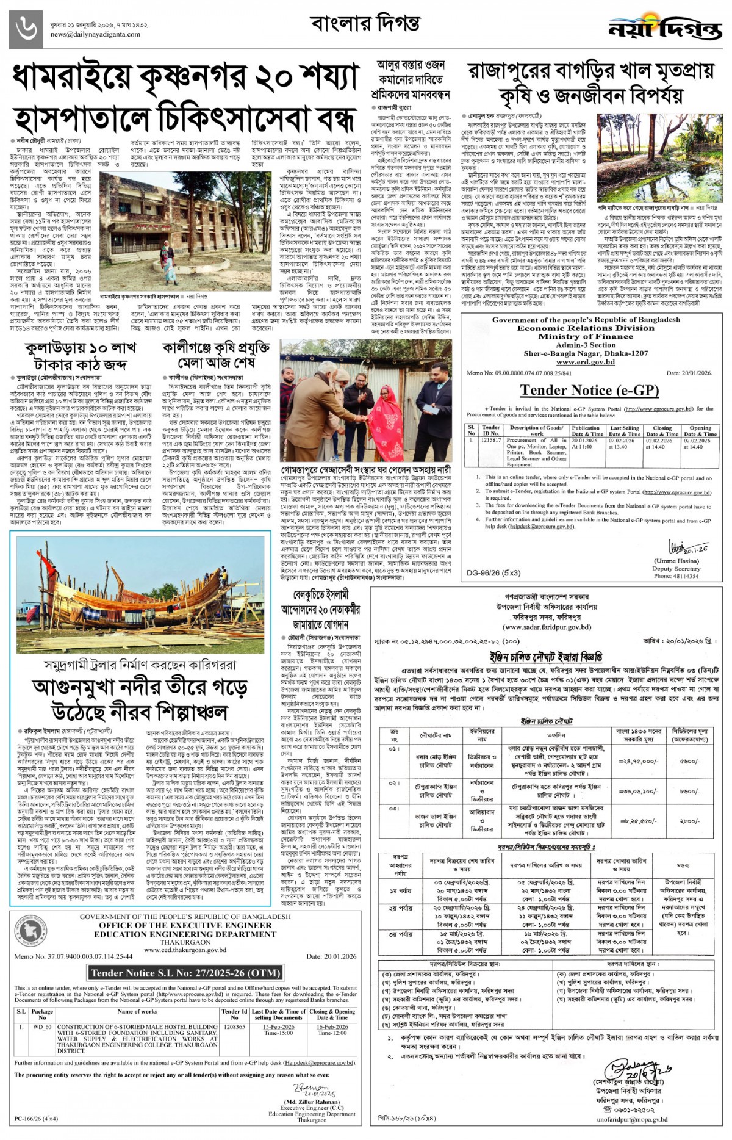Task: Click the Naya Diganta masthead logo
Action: coord(664,29)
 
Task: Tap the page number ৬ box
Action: coord(27,29)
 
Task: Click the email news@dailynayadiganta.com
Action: coord(95,34)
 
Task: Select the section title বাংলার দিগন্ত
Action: coord(365,24)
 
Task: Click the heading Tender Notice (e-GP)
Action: coord(589,390)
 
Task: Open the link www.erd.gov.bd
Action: coord(586,362)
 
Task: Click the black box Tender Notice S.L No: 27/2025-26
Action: coord(185,973)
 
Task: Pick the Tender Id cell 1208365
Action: coord(234,1026)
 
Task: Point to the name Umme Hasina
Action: coord(675,561)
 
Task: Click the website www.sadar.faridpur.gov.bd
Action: coord(547,627)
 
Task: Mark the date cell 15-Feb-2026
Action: coord(279,1026)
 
